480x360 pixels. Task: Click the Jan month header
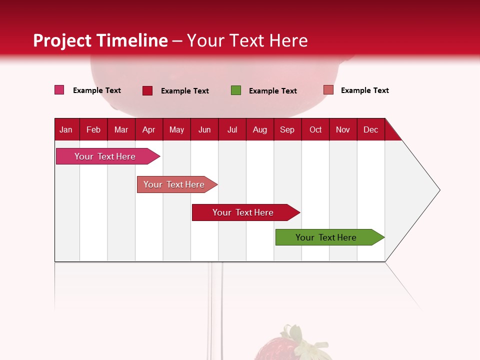(66, 129)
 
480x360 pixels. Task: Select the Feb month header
(93, 129)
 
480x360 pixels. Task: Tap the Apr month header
(148, 129)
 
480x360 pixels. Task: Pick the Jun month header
(204, 129)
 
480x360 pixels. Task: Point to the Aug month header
(259, 129)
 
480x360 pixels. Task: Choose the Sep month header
(287, 129)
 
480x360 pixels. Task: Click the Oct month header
(315, 129)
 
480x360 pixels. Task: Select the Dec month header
(370, 129)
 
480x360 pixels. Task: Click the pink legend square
(59, 90)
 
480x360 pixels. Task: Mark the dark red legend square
(147, 90)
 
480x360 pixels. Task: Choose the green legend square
(235, 90)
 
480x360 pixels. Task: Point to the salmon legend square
(328, 90)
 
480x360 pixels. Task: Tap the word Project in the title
(62, 40)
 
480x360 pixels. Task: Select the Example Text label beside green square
(272, 91)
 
